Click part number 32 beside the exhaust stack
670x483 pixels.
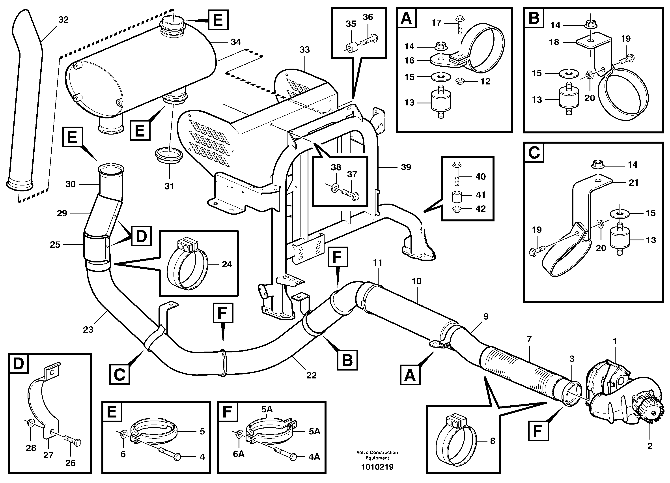tap(63, 20)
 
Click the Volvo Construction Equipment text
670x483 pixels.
tap(377, 455)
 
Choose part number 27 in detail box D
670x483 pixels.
tap(48, 455)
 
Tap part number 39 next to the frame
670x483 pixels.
tap(406, 167)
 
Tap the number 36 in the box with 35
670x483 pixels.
tap(368, 17)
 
